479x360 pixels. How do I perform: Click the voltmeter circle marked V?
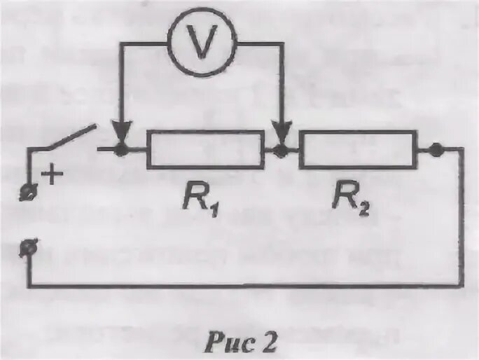(x=203, y=45)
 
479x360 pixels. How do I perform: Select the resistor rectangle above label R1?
(x=205, y=149)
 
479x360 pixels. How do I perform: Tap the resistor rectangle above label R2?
(x=357, y=149)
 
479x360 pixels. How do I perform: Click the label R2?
(x=350, y=202)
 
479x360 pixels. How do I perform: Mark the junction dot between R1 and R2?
(x=282, y=149)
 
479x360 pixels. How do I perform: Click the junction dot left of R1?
(x=122, y=149)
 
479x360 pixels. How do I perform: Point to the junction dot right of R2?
(x=436, y=149)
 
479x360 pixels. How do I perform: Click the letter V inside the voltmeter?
(x=203, y=45)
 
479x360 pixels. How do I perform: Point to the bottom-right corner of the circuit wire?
(x=463, y=285)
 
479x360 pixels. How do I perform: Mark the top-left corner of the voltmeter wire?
(x=122, y=46)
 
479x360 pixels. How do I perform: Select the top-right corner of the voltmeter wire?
(x=282, y=46)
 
